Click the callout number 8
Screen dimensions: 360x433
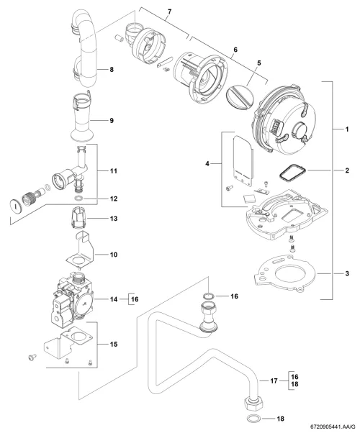(112, 69)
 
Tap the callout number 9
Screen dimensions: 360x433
(112, 121)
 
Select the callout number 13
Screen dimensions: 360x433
(114, 219)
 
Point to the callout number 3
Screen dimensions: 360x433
(347, 273)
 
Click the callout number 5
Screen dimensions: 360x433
(258, 63)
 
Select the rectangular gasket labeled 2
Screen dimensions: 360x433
(292, 173)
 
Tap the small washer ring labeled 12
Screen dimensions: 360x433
(78, 198)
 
